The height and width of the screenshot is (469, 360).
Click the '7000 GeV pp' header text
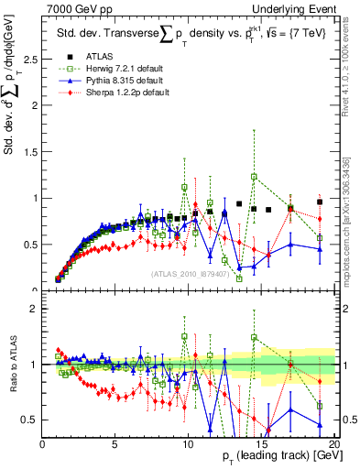pos(74,8)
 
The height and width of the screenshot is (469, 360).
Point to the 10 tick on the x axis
pos(188,444)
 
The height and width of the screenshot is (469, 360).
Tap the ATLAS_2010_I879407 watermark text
pos(189,274)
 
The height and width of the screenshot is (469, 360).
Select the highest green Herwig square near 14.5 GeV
pos(254,176)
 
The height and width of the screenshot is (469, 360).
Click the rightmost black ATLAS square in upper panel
pos(320,202)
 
